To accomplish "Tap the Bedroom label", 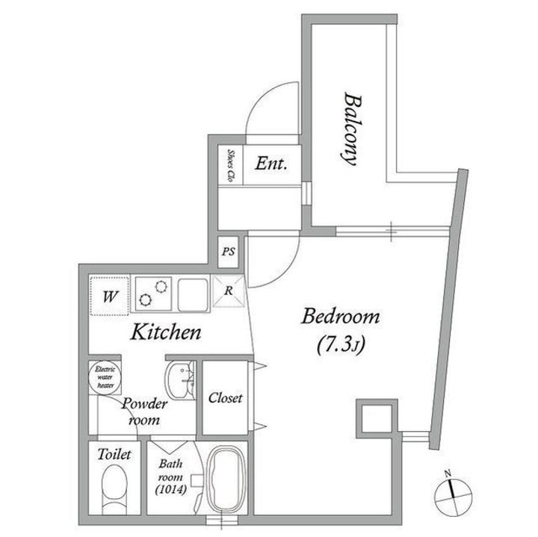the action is click(x=341, y=317).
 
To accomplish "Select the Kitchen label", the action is click(x=166, y=332).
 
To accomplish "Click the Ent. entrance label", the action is click(x=271, y=164).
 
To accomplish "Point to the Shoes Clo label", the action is click(x=231, y=165).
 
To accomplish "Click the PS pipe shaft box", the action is click(x=229, y=252).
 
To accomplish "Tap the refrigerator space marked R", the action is click(x=229, y=291).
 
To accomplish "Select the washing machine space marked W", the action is click(x=109, y=296).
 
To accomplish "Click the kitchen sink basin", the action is click(x=193, y=295).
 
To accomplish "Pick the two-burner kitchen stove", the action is click(x=153, y=294).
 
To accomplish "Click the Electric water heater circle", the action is click(x=105, y=378).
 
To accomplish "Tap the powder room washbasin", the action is click(x=180, y=380).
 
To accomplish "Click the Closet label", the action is click(x=225, y=398).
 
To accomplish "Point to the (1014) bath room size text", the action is click(x=171, y=490).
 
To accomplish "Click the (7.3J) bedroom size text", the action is click(x=341, y=344).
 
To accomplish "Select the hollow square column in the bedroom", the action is click(x=377, y=418).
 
